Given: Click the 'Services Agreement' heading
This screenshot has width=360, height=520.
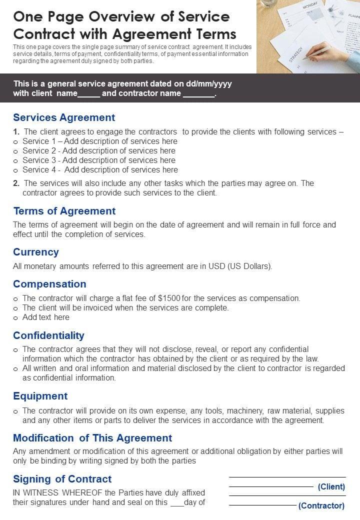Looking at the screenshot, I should click(x=64, y=117).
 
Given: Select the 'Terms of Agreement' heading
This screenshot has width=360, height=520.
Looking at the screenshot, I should click(x=64, y=211).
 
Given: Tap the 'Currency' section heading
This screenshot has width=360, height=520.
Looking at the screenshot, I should click(x=36, y=252).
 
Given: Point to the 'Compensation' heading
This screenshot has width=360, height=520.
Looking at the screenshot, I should click(x=49, y=284).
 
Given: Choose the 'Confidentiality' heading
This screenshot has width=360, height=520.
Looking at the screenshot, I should click(x=48, y=335).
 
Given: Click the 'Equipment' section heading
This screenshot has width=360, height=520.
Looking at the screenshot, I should click(x=40, y=396).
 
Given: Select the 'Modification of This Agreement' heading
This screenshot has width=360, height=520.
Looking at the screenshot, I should click(x=92, y=438).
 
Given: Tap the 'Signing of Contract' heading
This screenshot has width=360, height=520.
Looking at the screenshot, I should click(x=62, y=479).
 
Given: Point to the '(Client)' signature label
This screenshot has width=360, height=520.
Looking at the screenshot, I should click(x=331, y=486).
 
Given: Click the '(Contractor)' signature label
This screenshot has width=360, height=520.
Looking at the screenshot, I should click(x=321, y=505).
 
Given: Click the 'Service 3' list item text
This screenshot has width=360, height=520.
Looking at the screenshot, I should click(x=99, y=160).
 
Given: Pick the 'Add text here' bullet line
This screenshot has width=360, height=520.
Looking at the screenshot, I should click(x=46, y=317).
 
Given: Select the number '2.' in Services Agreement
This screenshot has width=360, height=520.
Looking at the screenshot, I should click(x=16, y=183).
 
